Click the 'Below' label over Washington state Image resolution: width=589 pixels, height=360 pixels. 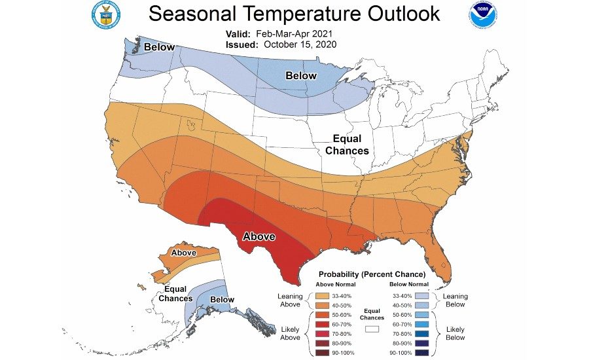click(x=160, y=47)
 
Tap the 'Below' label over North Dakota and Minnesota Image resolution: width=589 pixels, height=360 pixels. click(x=301, y=76)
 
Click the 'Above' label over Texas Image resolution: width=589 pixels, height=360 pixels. click(x=259, y=236)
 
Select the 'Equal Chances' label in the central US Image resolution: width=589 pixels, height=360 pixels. click(x=351, y=145)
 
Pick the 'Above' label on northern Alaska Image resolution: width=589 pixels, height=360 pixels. click(x=183, y=253)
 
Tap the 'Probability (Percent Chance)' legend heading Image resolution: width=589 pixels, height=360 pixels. click(x=372, y=274)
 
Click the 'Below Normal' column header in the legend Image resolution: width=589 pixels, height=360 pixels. click(x=410, y=284)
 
